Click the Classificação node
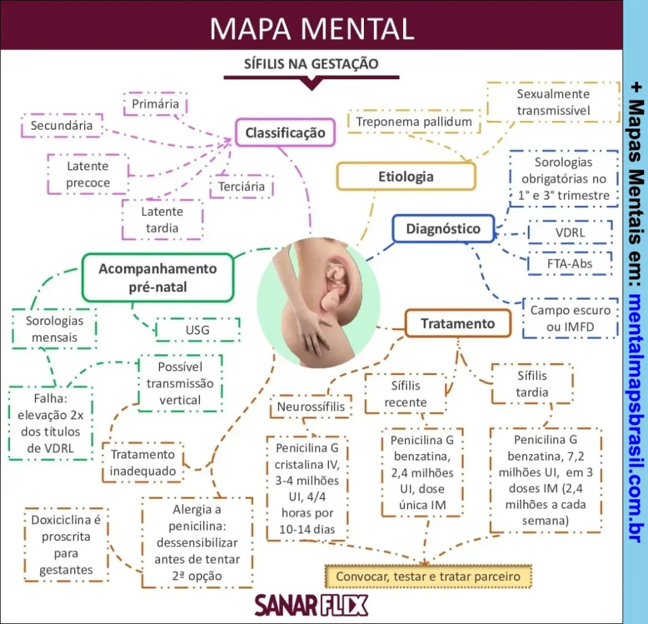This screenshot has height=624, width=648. [285, 132]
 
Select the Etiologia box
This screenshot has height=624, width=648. [406, 176]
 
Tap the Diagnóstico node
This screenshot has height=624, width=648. [442, 229]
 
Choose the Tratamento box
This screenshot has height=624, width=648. [458, 324]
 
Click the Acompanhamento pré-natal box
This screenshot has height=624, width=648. [158, 277]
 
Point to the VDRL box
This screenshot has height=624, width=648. [570, 232]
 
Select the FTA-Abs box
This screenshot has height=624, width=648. [570, 263]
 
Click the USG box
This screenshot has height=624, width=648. [197, 330]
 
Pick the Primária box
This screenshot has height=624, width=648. [156, 104]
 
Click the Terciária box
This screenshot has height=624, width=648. [241, 187]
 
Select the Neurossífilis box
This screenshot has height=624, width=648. [311, 406]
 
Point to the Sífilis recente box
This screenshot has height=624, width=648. [406, 393]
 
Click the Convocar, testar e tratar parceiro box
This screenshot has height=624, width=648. [428, 576]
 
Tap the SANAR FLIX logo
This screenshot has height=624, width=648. [311, 606]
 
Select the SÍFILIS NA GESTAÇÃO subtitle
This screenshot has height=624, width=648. [311, 64]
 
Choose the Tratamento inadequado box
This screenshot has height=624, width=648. [142, 462]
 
